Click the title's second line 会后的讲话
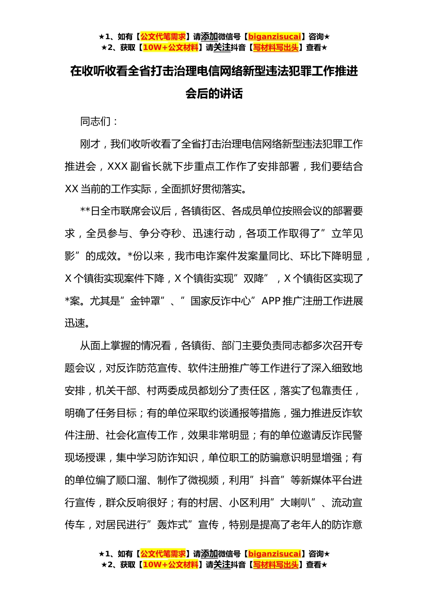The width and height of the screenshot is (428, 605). click(x=214, y=94)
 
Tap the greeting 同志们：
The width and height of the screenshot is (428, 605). click(x=100, y=122)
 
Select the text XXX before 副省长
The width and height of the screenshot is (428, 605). click(x=118, y=167)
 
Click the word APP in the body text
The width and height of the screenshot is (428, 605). click(x=271, y=301)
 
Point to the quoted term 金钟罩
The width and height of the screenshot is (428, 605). click(x=145, y=301)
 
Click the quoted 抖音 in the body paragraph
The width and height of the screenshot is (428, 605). click(x=270, y=480)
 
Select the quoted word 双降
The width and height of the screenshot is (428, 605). click(x=254, y=279)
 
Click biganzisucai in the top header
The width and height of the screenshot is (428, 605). click(x=274, y=36)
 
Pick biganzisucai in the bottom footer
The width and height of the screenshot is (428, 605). click(x=274, y=554)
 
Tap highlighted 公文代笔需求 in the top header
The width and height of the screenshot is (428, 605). click(x=163, y=36)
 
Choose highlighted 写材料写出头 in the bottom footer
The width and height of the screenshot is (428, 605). click(x=276, y=564)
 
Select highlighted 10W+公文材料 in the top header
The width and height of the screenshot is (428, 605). click(x=170, y=47)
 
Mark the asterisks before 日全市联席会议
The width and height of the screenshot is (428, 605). click(x=85, y=211)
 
